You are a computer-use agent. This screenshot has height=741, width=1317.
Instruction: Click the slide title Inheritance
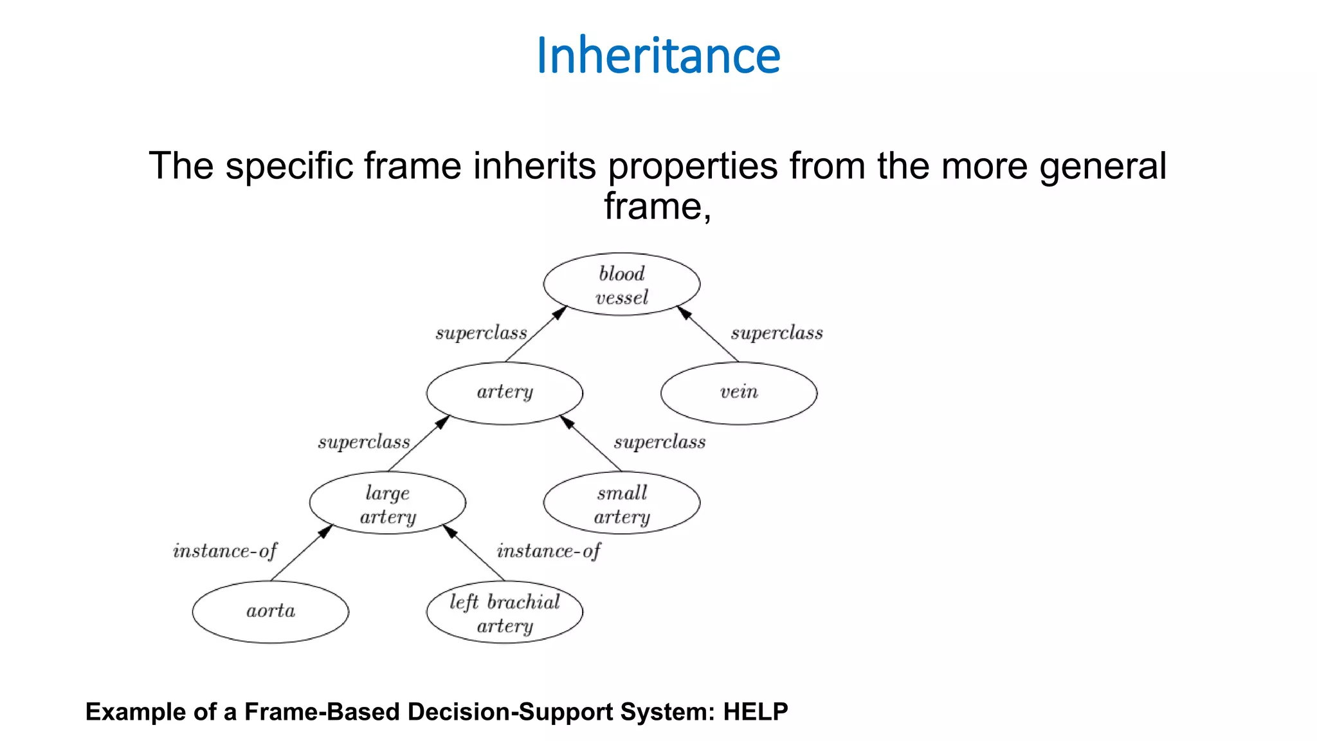click(x=658, y=55)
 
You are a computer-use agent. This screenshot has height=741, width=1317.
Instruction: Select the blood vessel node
click(x=621, y=284)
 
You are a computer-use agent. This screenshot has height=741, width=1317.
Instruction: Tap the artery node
click(x=504, y=393)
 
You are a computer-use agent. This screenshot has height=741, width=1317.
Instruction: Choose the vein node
click(x=739, y=393)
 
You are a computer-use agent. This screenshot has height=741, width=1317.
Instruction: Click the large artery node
click(x=387, y=503)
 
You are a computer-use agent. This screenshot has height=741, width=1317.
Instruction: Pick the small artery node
click(x=621, y=503)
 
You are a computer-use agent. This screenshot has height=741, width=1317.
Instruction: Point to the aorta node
click(x=270, y=612)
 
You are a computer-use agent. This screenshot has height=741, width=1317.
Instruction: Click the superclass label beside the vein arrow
click(x=777, y=333)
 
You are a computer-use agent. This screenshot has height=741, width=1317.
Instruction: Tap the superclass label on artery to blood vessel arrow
click(x=481, y=333)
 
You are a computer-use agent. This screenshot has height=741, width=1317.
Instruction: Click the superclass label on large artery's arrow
click(x=364, y=443)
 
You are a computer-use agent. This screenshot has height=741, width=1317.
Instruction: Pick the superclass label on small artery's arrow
click(x=660, y=443)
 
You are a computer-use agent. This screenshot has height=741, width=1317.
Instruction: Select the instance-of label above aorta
click(x=225, y=551)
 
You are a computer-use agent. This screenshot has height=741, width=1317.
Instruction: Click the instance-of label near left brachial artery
click(x=549, y=551)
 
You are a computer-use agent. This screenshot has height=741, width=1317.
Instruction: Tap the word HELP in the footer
click(x=756, y=712)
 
